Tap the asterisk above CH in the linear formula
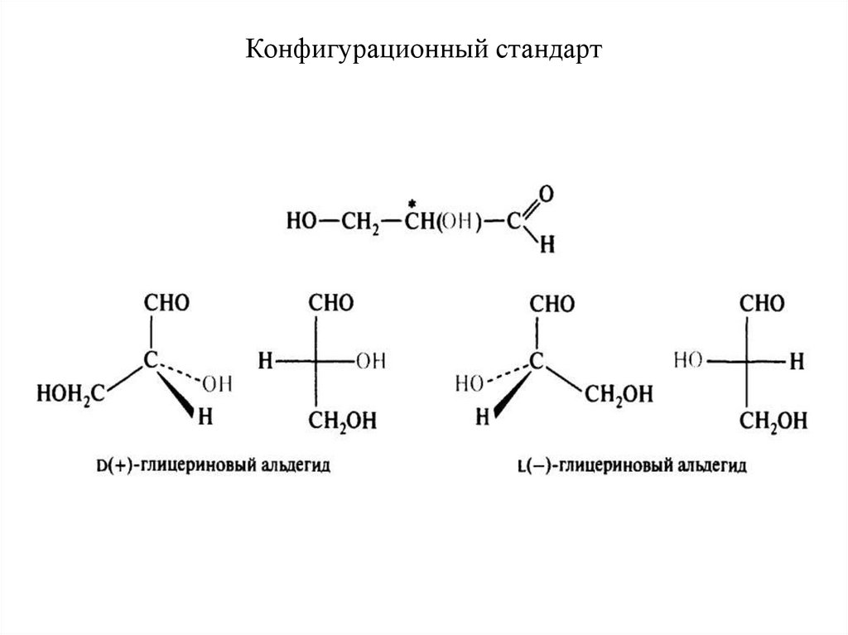pyautogui.click(x=411, y=203)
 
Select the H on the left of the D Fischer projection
pyautogui.click(x=264, y=361)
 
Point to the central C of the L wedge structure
pyautogui.click(x=536, y=361)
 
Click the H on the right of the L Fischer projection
pyautogui.click(x=797, y=361)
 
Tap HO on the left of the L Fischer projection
pyautogui.click(x=687, y=361)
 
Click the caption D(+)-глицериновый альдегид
pyautogui.click(x=213, y=466)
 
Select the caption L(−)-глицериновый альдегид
pyautogui.click(x=631, y=467)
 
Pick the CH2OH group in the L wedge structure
pyautogui.click(x=618, y=393)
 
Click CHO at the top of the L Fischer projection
pyautogui.click(x=761, y=303)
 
